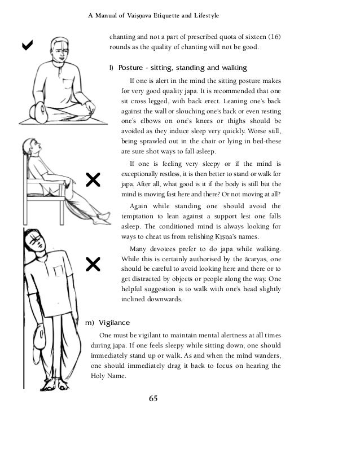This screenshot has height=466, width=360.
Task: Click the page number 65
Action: click(x=153, y=400)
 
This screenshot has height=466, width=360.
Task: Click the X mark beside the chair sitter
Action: click(x=92, y=180)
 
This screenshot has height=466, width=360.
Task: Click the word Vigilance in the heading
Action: click(x=115, y=323)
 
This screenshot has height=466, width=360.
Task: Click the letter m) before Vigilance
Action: click(x=89, y=323)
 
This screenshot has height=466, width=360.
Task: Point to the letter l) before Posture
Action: click(x=111, y=68)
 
